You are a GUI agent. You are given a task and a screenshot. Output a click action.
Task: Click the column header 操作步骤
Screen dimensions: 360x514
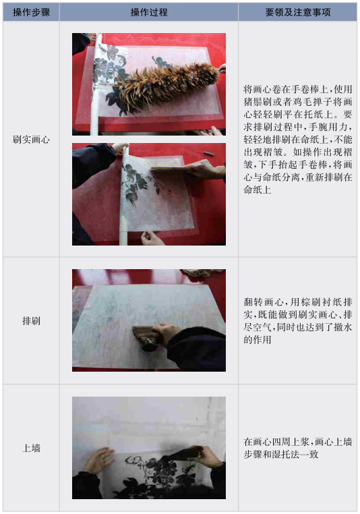pos(31,12)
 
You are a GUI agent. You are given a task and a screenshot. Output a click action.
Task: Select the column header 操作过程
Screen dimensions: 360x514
pos(149,12)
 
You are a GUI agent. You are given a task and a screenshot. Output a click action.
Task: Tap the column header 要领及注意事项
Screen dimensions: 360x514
pos(298,12)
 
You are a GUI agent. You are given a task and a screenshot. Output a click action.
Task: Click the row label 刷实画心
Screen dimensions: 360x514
pos(31,140)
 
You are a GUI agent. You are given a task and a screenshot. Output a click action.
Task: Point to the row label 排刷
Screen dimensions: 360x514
pos(31,320)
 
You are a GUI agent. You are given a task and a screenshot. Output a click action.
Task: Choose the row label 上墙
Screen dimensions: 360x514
pos(31,448)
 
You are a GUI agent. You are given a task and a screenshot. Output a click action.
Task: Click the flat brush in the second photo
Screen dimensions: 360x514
pos(171,169)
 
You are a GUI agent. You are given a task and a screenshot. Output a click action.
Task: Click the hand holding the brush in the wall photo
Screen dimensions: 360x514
pos(206,457)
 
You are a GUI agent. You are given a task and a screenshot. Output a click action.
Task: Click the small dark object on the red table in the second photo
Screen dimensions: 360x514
pos(208,153)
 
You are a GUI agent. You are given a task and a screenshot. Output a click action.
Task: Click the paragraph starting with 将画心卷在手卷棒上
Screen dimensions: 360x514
pos(298,140)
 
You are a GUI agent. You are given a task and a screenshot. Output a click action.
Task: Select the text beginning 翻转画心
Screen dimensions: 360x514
pos(298,320)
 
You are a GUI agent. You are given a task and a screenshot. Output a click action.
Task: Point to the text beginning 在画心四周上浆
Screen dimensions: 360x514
pos(298,448)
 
